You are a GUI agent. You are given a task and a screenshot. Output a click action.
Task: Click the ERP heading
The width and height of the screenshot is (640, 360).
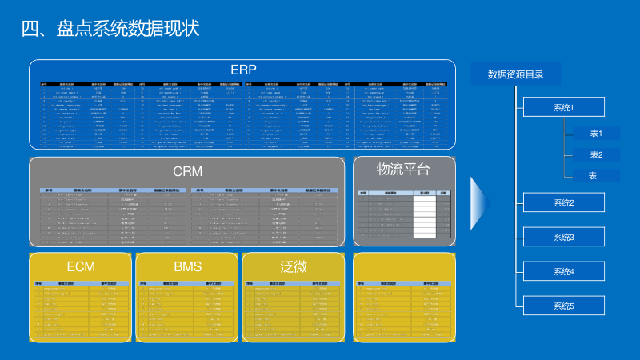[x=242, y=70]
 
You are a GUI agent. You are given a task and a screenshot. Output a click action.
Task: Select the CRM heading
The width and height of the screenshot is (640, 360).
[x=188, y=170]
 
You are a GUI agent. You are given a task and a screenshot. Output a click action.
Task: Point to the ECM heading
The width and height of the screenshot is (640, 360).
[x=81, y=266]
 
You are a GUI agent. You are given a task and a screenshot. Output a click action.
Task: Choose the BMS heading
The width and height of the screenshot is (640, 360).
[x=188, y=266]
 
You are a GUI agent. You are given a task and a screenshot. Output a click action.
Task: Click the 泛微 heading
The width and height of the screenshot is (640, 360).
[x=294, y=266]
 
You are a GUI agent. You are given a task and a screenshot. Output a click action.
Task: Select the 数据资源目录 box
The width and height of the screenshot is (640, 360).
[x=516, y=75]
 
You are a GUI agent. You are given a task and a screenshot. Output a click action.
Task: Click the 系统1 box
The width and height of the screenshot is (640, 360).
[x=564, y=107]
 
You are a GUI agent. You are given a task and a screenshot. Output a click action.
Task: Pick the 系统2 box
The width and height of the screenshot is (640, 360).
[x=564, y=203]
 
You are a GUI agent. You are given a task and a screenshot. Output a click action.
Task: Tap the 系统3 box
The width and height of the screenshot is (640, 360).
[x=564, y=238]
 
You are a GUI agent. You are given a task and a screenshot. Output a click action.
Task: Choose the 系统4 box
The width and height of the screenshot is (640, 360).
[x=564, y=272]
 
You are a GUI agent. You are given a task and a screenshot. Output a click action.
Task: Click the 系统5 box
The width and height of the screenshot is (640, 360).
[x=564, y=306]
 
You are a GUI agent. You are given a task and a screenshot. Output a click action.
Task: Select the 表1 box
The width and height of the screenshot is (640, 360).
[x=596, y=134]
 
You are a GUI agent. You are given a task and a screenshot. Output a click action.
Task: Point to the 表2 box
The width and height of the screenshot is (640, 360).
[x=596, y=154]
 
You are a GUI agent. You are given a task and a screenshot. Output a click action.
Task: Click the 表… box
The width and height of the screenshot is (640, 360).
[x=596, y=175]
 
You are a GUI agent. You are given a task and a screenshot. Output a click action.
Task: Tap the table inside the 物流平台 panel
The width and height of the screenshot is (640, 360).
[x=404, y=214]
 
